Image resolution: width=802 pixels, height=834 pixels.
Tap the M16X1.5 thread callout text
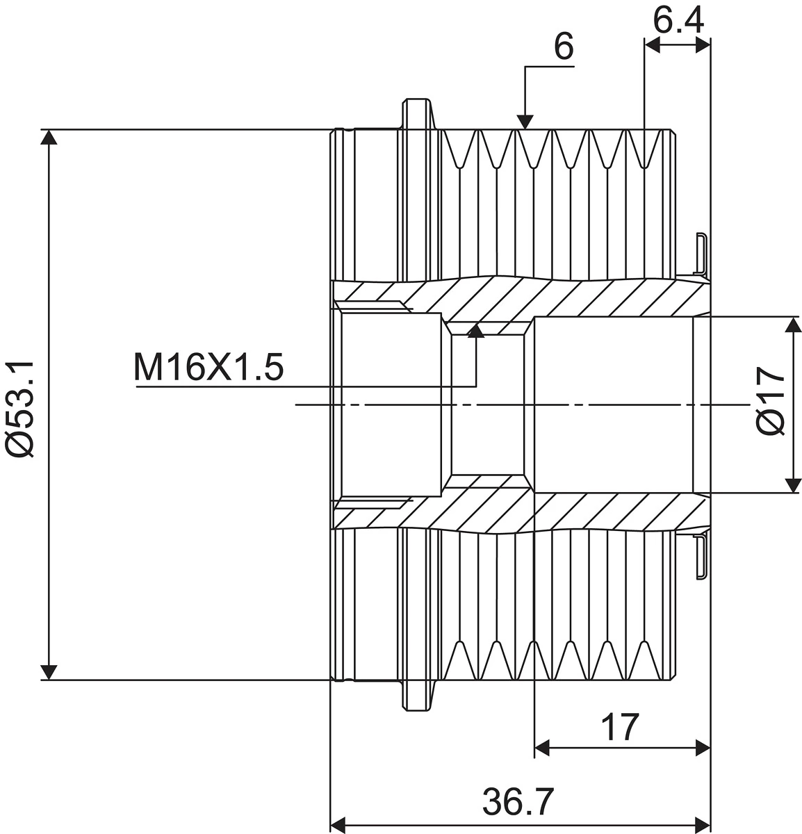click(208, 368)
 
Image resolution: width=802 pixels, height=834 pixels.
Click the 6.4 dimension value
click(678, 20)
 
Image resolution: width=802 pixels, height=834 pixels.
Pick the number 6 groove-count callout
click(564, 47)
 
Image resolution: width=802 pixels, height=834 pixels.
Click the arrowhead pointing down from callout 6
click(525, 121)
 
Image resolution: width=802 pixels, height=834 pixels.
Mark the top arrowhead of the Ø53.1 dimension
click(48, 138)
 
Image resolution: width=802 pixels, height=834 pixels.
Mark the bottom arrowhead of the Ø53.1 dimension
click(48, 671)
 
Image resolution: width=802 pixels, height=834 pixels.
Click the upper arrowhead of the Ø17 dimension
click(792, 325)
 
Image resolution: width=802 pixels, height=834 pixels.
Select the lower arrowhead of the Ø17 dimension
click(792, 484)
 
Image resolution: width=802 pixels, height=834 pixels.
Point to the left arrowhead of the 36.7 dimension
click(338, 824)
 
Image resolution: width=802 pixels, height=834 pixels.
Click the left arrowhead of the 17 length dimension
click(542, 748)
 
